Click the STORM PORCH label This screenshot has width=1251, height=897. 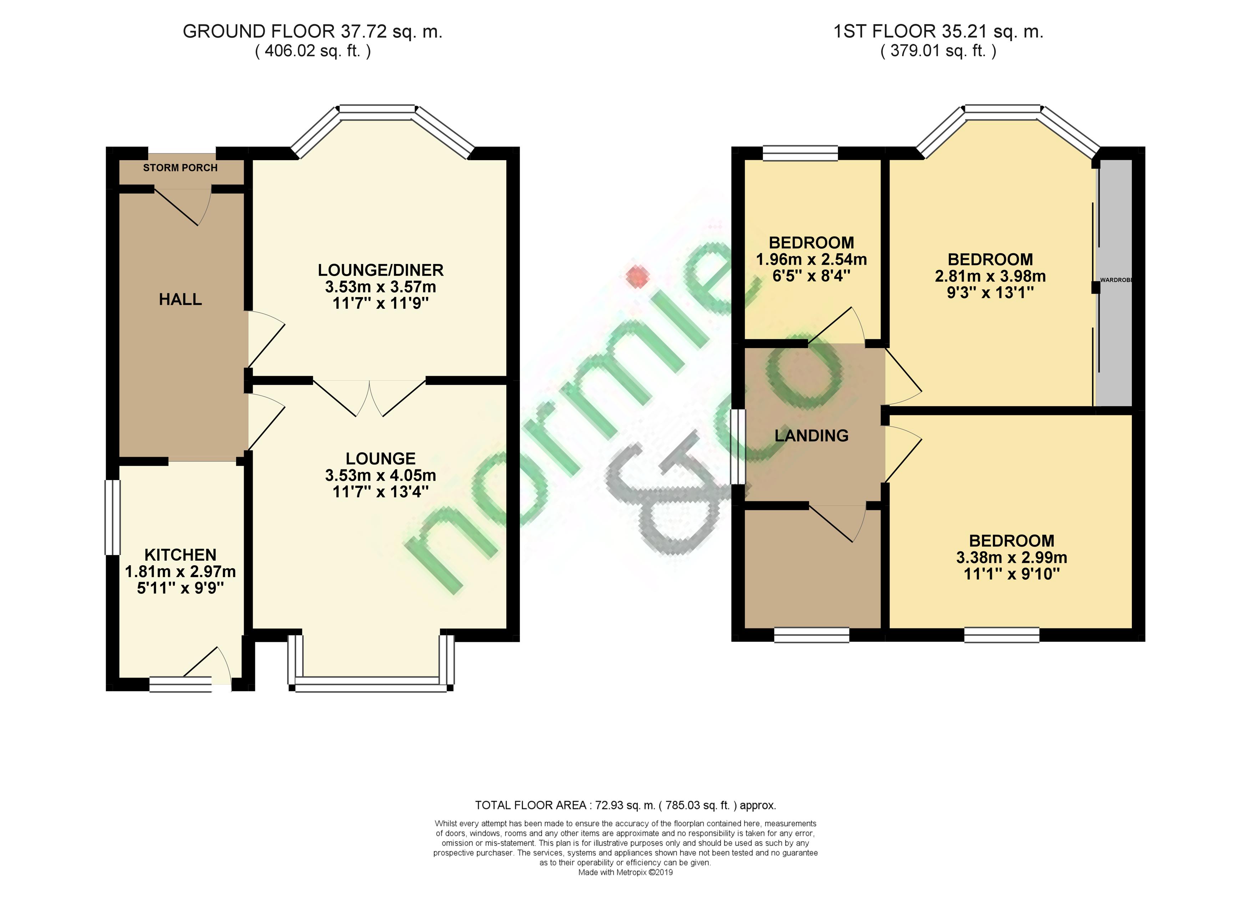[180, 168]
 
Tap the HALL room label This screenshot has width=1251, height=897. [180, 299]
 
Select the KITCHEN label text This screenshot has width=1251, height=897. [180, 555]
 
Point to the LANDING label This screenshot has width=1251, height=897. [811, 435]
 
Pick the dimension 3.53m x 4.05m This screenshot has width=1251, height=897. [381, 475]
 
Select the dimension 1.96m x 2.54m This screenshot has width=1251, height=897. [811, 259]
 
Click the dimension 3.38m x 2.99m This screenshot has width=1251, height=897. [1012, 557]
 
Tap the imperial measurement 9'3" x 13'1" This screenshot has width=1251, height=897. [990, 293]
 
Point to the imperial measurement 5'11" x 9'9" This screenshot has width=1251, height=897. [180, 588]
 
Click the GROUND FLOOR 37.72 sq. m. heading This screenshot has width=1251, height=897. [313, 31]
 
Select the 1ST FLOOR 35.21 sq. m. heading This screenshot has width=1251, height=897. [938, 31]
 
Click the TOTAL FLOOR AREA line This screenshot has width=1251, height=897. [625, 805]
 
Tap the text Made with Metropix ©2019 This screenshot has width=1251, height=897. [625, 872]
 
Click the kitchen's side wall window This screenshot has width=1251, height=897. [112, 517]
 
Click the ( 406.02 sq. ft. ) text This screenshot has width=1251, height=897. [313, 51]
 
